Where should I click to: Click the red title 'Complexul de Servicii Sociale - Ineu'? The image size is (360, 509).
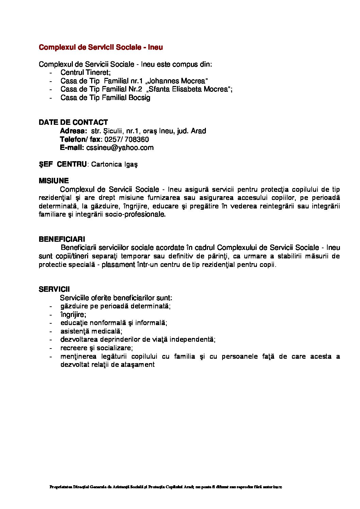101,47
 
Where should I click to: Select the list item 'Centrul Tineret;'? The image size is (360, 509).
86,72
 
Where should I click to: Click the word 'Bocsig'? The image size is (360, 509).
140,98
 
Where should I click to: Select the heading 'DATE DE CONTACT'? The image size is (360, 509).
73,122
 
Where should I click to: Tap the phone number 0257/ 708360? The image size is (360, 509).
127,139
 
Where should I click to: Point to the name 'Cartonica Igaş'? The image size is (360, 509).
115,165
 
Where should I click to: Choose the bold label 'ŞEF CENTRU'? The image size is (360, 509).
63,164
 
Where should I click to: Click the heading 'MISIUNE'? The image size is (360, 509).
54,181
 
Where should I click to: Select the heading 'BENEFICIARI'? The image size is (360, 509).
62,239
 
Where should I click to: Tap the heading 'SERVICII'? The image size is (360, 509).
54,289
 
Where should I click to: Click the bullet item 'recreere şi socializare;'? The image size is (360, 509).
97,348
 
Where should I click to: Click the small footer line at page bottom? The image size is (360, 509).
165,487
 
